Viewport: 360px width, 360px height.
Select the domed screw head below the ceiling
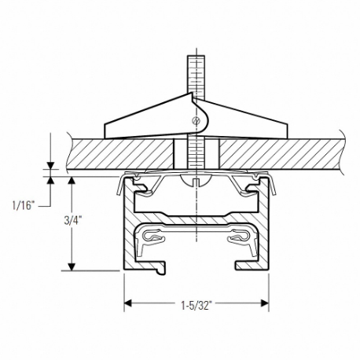193,182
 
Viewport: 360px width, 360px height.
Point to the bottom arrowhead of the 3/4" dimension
72,266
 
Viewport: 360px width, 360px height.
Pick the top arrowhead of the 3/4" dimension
72,181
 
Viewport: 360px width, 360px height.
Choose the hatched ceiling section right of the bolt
275,154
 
